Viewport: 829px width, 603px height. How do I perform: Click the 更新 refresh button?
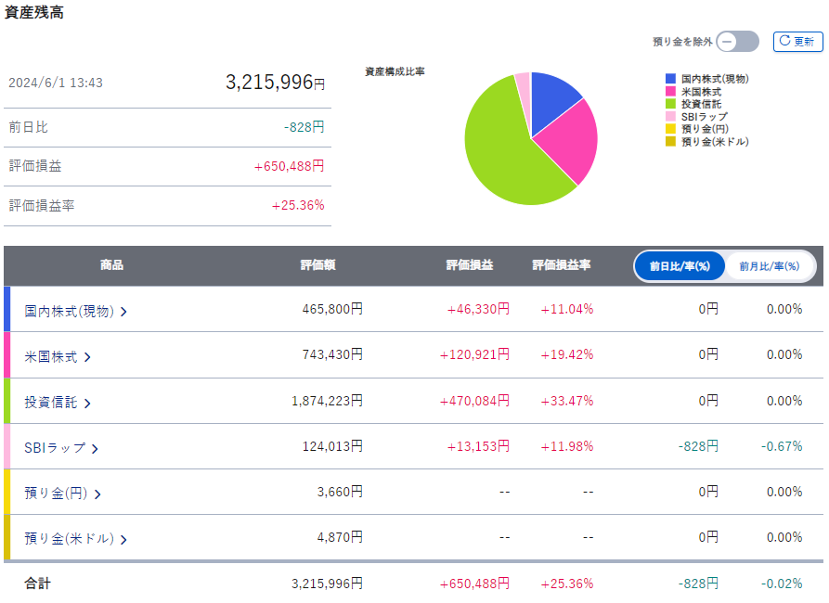[x=797, y=42]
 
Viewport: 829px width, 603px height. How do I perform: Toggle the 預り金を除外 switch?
[x=738, y=42]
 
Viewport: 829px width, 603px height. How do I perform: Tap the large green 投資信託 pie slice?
[x=501, y=148]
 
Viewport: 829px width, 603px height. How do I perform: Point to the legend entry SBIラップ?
[x=704, y=117]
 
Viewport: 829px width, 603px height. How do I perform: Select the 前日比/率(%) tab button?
[x=680, y=266]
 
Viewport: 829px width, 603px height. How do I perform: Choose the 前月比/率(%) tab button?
[x=769, y=266]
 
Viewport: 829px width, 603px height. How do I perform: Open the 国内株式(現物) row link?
[x=75, y=311]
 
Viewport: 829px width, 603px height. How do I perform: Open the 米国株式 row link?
[x=57, y=356]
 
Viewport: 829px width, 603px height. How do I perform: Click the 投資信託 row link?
[x=57, y=402]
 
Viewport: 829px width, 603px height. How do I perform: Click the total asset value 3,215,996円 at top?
[x=275, y=83]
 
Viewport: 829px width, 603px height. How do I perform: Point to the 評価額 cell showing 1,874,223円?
[x=327, y=401]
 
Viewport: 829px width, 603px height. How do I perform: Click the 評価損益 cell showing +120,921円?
[x=474, y=355]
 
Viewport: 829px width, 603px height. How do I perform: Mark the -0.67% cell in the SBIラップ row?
[x=782, y=446]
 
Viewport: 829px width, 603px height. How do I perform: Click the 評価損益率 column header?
[x=561, y=265]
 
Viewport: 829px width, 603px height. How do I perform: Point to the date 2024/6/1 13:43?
[x=56, y=83]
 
